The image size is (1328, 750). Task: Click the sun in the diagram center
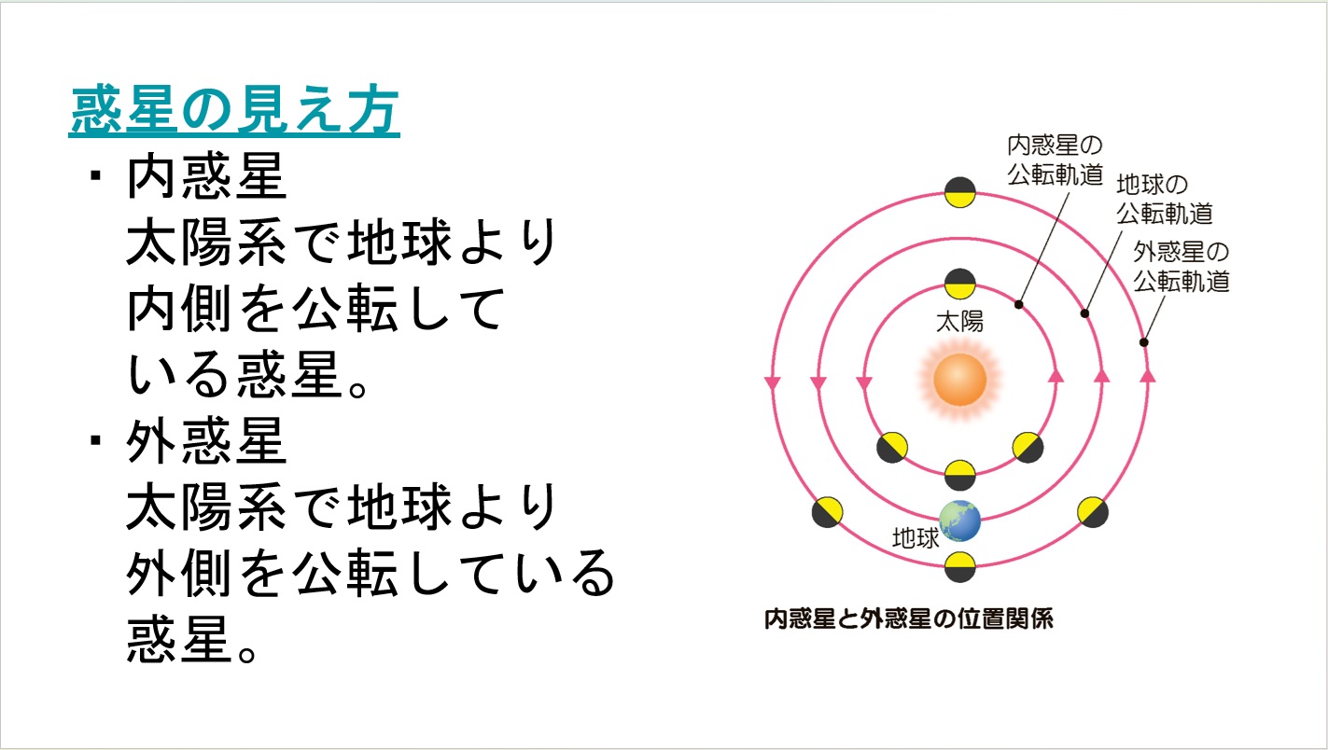tap(959, 380)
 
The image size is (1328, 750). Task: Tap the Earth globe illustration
tap(959, 521)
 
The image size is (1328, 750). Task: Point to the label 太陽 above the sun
tap(959, 322)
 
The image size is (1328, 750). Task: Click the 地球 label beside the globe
tap(916, 538)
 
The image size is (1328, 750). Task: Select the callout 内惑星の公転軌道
tap(1055, 160)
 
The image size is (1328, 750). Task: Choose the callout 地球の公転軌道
tap(1165, 199)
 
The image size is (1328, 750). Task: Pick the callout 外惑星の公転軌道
tap(1181, 267)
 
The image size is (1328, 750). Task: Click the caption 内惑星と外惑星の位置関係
tap(908, 619)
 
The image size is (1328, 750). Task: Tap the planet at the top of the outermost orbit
tap(959, 192)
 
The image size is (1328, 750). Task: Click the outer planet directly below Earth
tap(959, 567)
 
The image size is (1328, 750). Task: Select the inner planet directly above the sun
tap(959, 284)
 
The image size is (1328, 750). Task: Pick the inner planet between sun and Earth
tap(959, 475)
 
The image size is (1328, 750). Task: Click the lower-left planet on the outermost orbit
tap(827, 512)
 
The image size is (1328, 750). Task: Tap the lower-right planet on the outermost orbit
tap(1093, 512)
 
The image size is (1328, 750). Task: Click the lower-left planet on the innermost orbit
tap(891, 448)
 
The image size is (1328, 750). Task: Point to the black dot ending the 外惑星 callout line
tap(1143, 342)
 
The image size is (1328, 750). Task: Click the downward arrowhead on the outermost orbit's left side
tap(772, 382)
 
